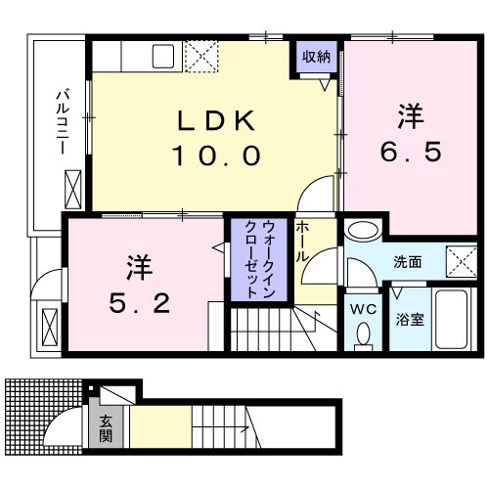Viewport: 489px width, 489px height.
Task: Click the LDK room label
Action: (217, 122)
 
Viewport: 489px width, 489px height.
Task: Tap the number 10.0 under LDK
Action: (217, 155)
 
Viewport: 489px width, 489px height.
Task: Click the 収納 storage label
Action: (316, 56)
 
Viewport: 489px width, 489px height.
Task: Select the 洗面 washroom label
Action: (408, 263)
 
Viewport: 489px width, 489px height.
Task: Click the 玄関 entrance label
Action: (105, 428)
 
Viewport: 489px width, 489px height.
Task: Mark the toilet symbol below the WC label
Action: (363, 335)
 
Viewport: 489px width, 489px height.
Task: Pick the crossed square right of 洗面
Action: (459, 263)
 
